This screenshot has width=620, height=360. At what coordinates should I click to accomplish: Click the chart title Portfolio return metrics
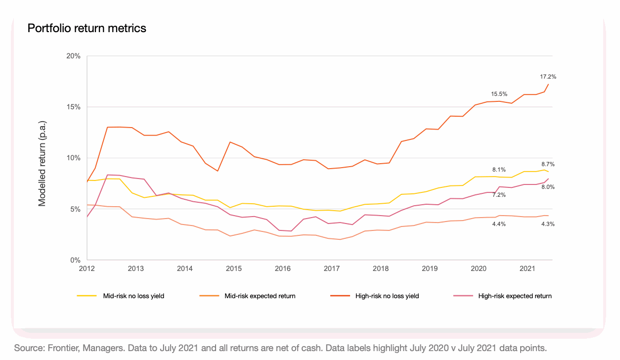click(x=87, y=28)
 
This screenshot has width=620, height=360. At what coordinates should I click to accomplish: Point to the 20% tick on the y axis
click(x=74, y=56)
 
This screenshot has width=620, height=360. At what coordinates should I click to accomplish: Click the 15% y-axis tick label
click(x=74, y=107)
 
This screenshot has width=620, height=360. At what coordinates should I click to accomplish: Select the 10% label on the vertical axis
click(x=74, y=158)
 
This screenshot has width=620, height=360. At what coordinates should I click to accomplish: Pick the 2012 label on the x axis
click(x=87, y=269)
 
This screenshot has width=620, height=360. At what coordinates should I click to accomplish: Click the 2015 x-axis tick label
click(x=234, y=269)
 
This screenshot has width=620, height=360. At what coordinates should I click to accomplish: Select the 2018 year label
click(x=381, y=269)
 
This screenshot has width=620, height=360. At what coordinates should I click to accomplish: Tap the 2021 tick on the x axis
click(x=528, y=269)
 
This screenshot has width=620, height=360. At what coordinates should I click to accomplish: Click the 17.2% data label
click(x=548, y=77)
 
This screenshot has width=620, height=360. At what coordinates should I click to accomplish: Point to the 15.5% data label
click(x=499, y=93)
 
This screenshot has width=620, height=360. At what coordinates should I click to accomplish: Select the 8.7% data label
click(x=548, y=164)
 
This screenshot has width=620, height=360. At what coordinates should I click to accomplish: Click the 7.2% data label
click(x=499, y=195)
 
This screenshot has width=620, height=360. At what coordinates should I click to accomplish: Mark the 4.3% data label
click(x=548, y=224)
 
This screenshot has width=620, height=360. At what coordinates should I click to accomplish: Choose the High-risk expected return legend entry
click(x=515, y=296)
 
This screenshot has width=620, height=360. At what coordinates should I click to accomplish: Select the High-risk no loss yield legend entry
click(x=387, y=296)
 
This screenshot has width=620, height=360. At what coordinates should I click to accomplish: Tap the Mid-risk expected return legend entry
click(x=260, y=296)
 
